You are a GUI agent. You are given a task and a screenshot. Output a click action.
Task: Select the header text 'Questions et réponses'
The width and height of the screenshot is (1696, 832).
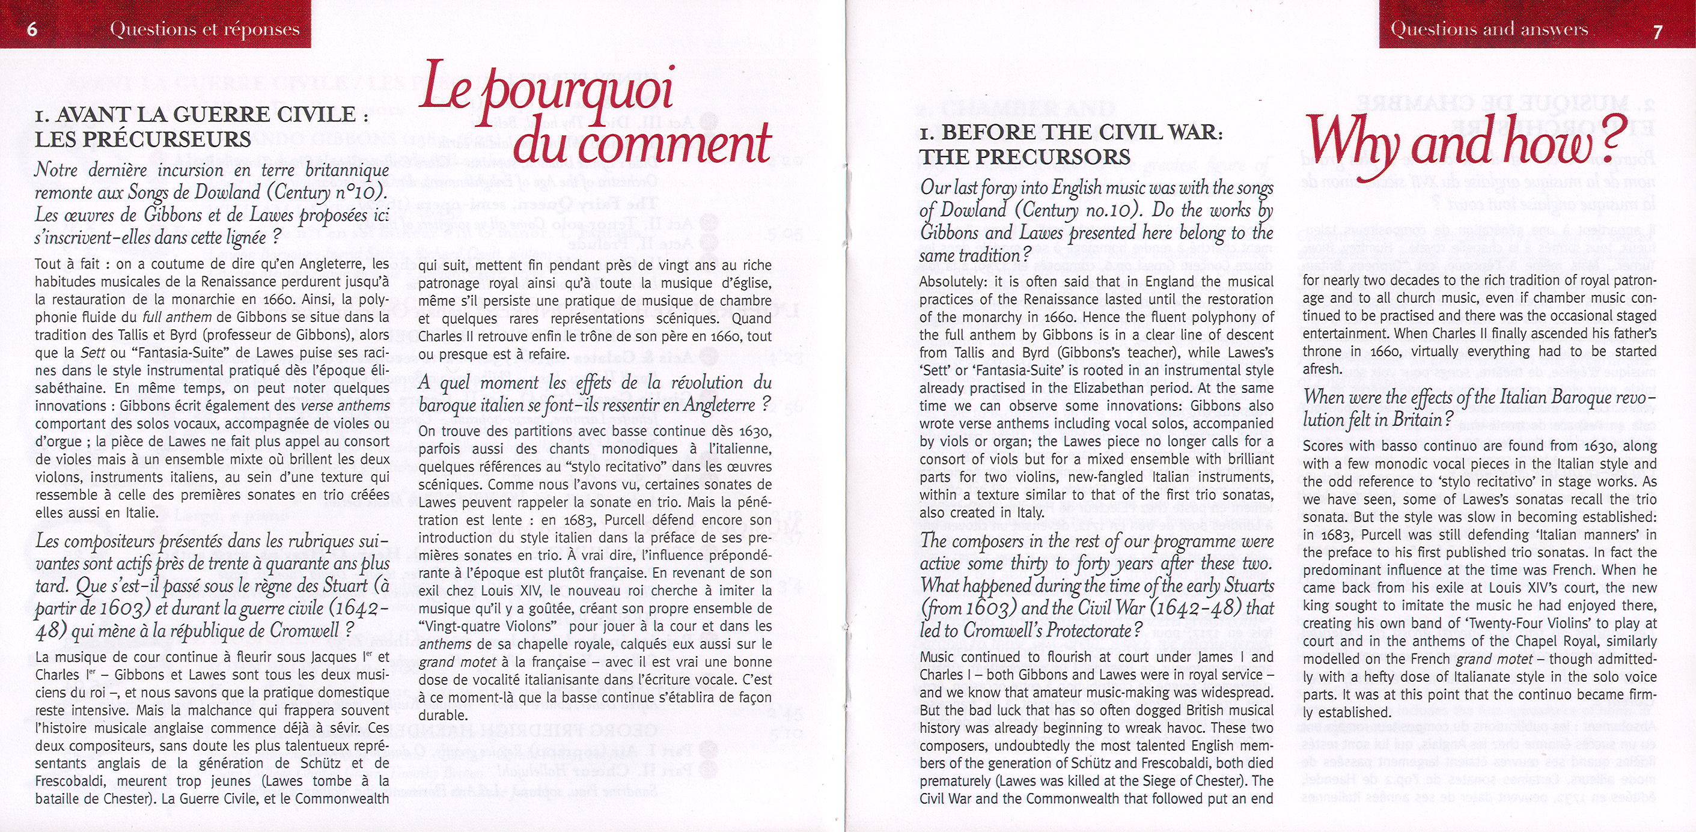[x=205, y=29]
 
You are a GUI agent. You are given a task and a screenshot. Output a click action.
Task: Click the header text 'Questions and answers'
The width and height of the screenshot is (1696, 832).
[x=1489, y=29]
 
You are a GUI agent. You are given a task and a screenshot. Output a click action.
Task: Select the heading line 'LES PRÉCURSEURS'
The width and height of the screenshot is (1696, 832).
[x=143, y=139]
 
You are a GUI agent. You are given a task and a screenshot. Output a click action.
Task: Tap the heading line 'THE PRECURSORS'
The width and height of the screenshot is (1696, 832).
[x=1025, y=157]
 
